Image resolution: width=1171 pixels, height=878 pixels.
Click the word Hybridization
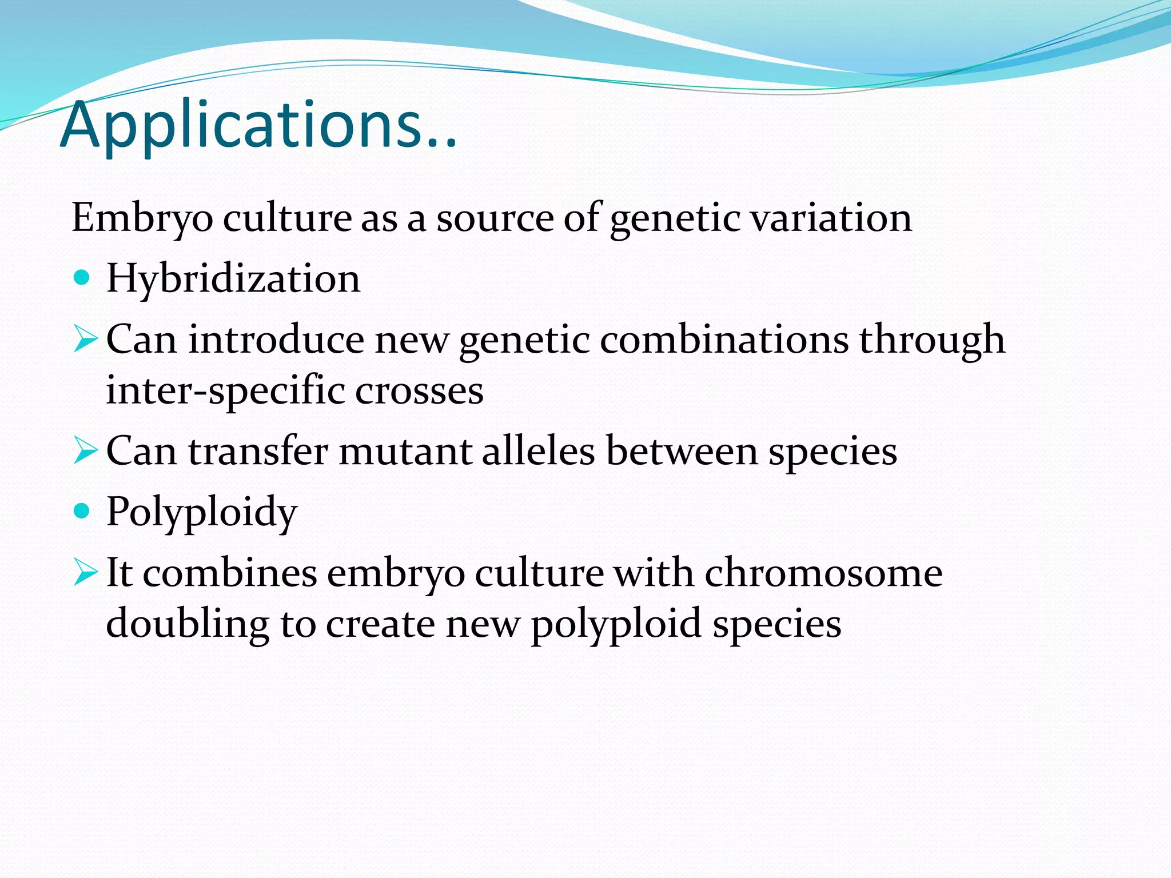click(x=233, y=279)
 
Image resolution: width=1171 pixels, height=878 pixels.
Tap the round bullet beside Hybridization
click(x=82, y=278)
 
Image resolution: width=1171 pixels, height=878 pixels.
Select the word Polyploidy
click(x=201, y=512)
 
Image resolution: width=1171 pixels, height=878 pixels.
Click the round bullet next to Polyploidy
click(x=82, y=510)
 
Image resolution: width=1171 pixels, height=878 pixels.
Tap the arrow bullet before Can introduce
click(x=86, y=340)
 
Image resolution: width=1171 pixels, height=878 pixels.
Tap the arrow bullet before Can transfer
click(x=86, y=452)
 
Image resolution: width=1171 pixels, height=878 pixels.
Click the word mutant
click(x=405, y=452)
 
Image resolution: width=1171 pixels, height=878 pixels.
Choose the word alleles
click(x=538, y=452)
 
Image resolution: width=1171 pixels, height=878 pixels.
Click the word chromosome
click(x=823, y=573)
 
